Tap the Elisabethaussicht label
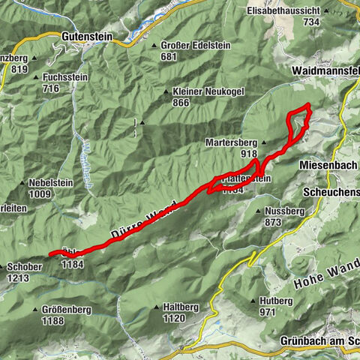click(294, 12)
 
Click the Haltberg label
click(184, 307)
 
